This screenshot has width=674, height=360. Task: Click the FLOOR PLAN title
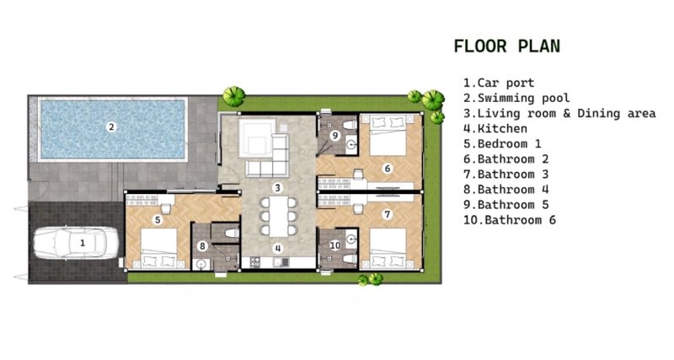pos(507,46)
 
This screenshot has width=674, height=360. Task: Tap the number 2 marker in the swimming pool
pos(111,126)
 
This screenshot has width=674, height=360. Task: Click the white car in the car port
pos(76,243)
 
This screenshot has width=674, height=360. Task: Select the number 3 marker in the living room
pos(278,187)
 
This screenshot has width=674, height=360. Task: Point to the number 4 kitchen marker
pos(278,248)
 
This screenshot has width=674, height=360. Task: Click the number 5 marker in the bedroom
pos(158,220)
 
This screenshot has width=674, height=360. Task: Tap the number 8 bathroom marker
pos(202,246)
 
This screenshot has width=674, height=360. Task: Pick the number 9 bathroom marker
pos(334,136)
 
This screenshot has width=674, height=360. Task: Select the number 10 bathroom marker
pos(335,245)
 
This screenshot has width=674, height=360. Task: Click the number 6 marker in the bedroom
pos(388,169)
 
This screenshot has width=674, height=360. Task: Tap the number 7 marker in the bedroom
pos(388,214)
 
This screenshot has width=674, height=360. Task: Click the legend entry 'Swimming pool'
pos(516,98)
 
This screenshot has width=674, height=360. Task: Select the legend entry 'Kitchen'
pos(495,128)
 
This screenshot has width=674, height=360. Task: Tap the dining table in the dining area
pos(279,217)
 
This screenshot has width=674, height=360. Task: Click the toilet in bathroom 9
pos(350,125)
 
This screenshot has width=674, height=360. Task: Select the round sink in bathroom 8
pos(201,265)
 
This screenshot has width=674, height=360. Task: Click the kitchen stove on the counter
pos(255,261)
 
